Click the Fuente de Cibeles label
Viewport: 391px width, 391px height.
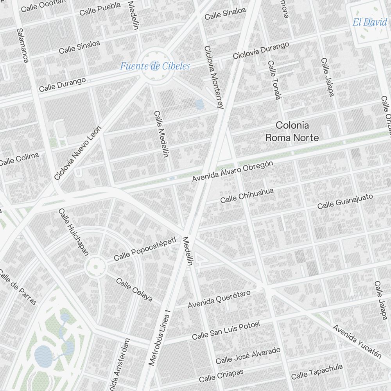(155, 66)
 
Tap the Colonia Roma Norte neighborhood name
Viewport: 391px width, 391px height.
(292, 131)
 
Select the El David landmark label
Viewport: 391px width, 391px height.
(369, 22)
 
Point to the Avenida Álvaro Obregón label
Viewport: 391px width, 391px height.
(233, 172)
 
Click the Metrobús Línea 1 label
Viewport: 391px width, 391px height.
(160, 338)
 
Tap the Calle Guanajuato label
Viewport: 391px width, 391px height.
(345, 201)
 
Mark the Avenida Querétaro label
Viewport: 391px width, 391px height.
(219, 299)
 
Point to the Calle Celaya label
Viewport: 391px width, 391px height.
(134, 290)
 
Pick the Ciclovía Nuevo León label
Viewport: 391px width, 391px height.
(78, 153)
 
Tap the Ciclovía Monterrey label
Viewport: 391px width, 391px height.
(213, 77)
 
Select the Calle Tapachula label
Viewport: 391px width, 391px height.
(317, 371)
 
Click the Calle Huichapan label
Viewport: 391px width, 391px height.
(74, 232)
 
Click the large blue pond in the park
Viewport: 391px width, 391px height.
(43, 355)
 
